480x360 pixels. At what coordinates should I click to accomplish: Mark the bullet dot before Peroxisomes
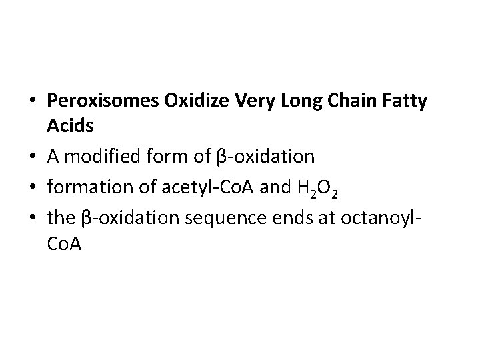click(x=33, y=102)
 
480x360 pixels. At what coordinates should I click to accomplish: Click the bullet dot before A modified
click(x=33, y=157)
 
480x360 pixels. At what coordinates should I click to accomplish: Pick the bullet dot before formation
click(x=33, y=189)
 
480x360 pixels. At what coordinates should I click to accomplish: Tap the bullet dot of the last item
click(x=33, y=221)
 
